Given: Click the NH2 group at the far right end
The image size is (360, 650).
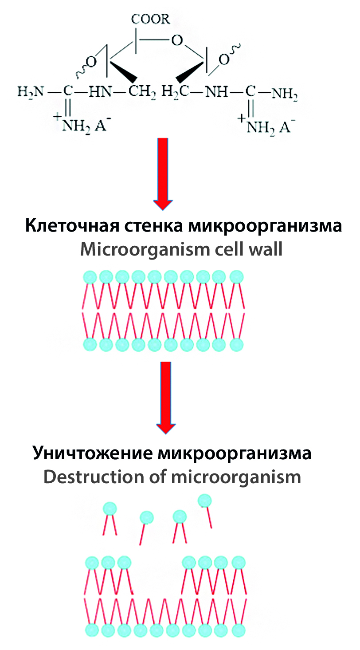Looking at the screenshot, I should tap(284, 94).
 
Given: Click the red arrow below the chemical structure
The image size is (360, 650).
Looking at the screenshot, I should tap(164, 173).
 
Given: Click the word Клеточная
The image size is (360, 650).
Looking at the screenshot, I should tap(66, 227).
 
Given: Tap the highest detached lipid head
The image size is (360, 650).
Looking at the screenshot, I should tap(204, 500).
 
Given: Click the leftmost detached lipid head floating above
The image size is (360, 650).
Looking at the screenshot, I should tap(110, 508).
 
